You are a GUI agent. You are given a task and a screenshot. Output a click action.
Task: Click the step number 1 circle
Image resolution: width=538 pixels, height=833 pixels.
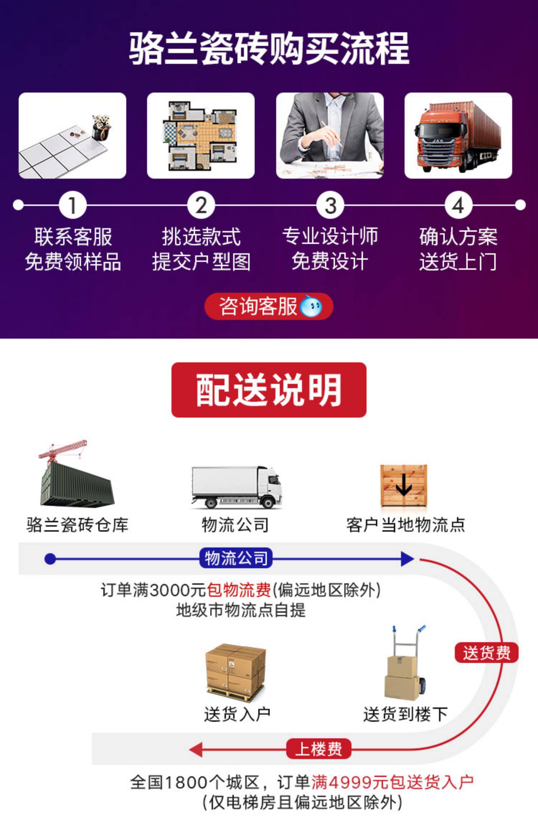click(73, 205)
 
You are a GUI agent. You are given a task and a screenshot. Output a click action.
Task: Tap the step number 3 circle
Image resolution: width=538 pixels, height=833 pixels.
click(330, 205)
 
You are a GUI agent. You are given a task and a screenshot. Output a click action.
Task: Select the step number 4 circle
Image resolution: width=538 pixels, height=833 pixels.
click(458, 205)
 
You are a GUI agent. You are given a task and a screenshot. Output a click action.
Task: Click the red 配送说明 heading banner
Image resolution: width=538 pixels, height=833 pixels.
click(269, 390)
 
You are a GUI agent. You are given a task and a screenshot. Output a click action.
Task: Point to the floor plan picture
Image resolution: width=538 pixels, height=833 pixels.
click(201, 136)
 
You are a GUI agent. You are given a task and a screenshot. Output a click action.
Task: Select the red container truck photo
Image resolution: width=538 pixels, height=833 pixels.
click(458, 136)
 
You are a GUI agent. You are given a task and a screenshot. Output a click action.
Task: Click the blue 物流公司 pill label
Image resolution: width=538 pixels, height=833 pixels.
click(236, 559)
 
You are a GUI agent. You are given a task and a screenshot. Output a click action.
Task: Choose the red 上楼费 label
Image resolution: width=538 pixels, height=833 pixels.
click(318, 749)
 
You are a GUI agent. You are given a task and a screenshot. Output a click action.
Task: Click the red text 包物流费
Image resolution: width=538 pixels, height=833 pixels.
click(239, 590)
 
